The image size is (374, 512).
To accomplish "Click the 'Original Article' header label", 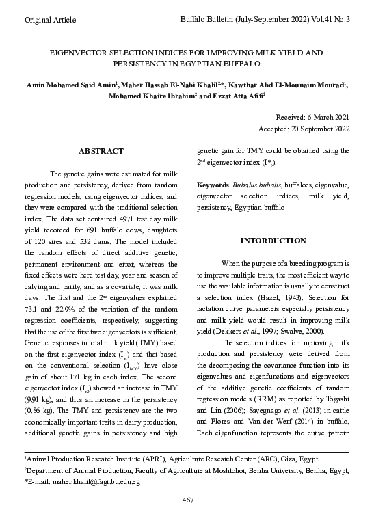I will tap(50, 21).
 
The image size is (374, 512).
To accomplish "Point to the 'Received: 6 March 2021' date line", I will tap(312, 118).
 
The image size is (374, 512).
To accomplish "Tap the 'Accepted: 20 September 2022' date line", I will tap(304, 129).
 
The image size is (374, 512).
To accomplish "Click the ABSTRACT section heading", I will tap(101, 151).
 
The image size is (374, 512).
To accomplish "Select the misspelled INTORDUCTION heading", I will tap(273, 241).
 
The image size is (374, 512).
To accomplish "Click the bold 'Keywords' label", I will tap(213, 185).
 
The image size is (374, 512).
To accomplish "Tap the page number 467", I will tap(187, 500).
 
